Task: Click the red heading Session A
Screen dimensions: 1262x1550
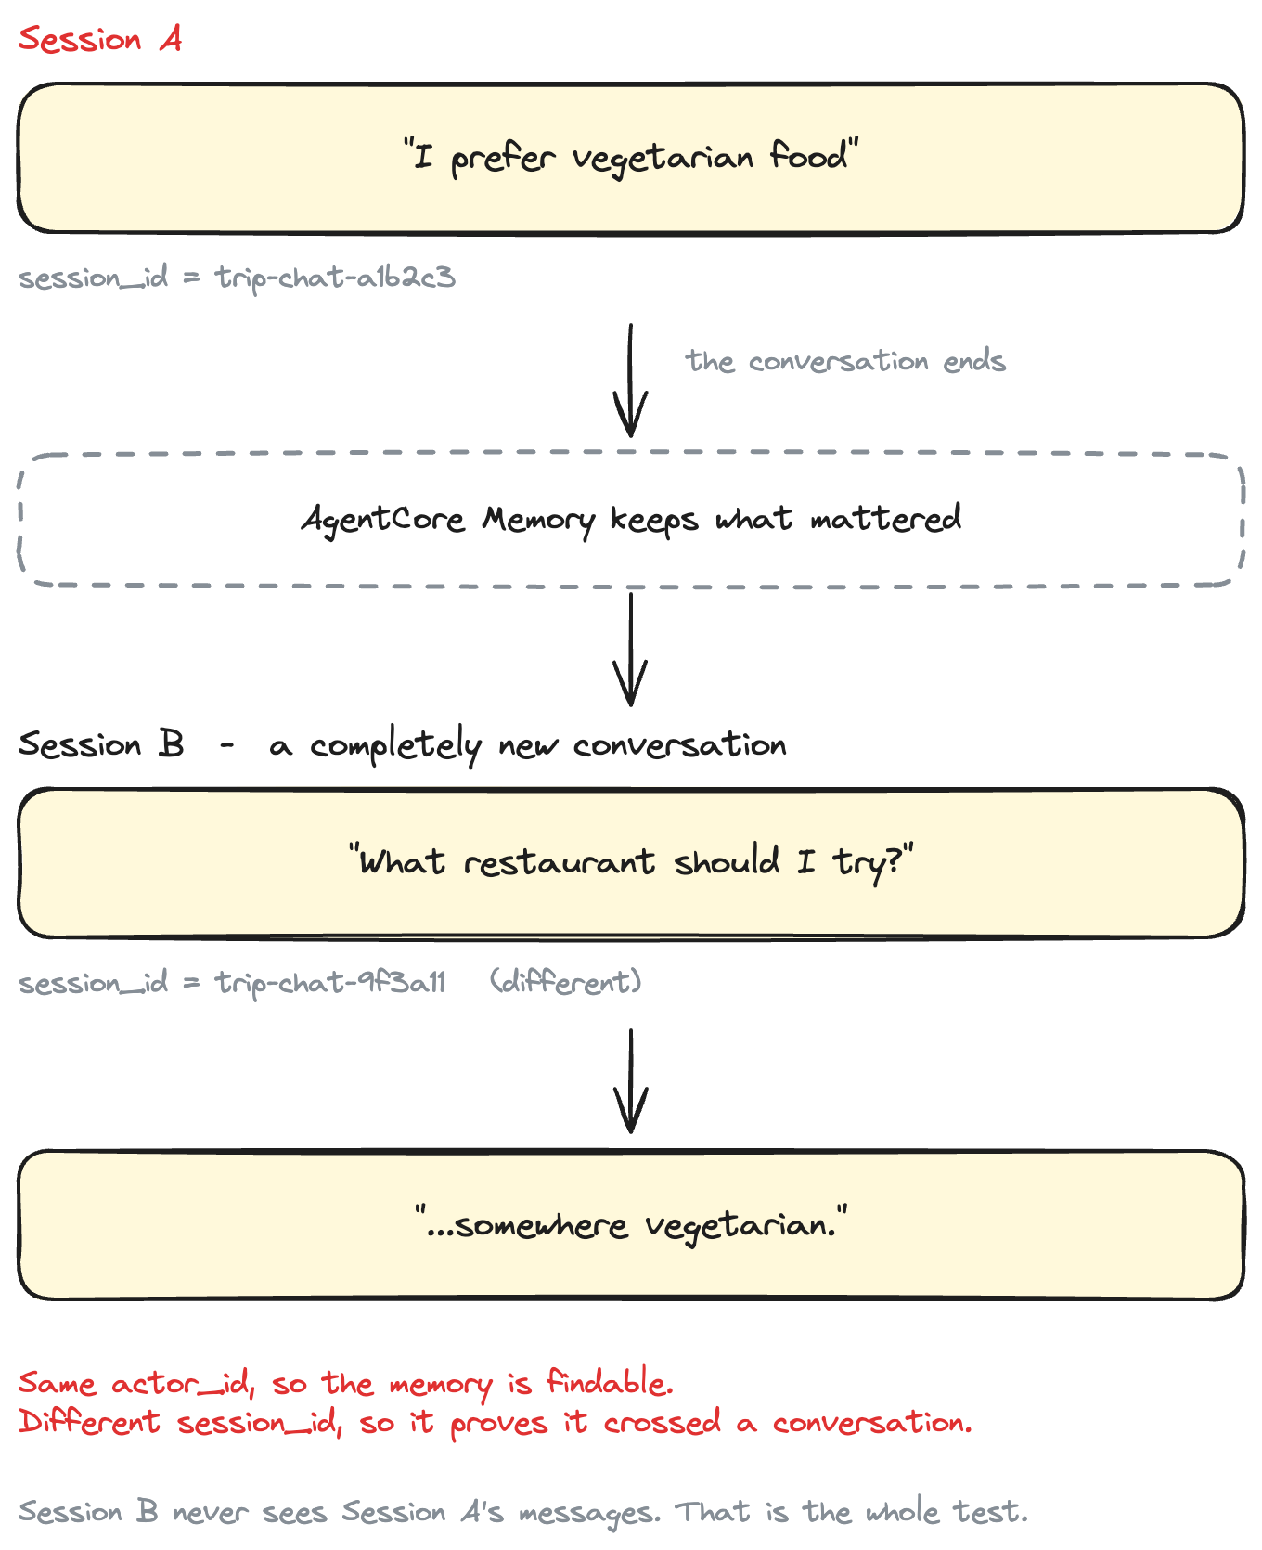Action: tap(100, 39)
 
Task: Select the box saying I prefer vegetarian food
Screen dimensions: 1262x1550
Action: tap(631, 158)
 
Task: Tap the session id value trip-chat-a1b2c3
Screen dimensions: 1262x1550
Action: tap(335, 278)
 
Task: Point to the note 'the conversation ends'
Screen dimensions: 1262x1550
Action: tap(845, 361)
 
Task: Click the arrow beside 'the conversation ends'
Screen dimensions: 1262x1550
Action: tap(631, 381)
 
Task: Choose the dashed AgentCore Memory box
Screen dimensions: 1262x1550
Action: tap(631, 520)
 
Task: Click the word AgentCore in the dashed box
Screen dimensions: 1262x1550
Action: tap(383, 519)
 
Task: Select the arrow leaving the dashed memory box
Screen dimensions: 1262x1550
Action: tap(631, 650)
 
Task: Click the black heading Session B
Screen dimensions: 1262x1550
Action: tap(101, 744)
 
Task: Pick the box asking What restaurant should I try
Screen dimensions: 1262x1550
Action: tap(631, 863)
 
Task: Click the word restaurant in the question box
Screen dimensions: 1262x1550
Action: tap(560, 863)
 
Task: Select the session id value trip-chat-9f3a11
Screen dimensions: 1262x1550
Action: tap(330, 983)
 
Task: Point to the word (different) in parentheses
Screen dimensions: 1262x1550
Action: tap(566, 982)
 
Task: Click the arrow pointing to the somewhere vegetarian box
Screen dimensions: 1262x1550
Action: tap(631, 1081)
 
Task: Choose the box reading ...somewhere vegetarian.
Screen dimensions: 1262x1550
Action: tap(631, 1225)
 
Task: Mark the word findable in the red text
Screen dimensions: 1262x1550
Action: tap(610, 1383)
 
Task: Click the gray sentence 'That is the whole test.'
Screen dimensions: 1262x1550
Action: tap(852, 1512)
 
